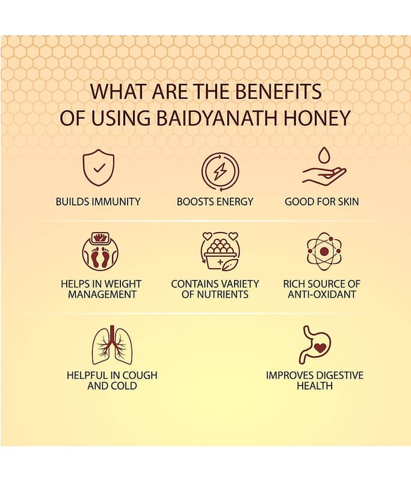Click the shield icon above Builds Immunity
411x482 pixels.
tap(98, 167)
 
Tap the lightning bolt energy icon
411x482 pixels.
tap(220, 172)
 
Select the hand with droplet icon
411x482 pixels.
tap(324, 167)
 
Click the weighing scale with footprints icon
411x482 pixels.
tap(100, 252)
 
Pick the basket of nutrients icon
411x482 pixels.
tap(220, 251)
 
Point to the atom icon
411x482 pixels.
tap(324, 251)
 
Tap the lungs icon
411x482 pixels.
tap(112, 345)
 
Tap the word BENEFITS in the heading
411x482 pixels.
tap(279, 92)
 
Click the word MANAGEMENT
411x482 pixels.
tap(102, 295)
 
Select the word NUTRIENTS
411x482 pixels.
tap(223, 295)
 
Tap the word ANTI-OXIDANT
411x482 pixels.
tap(322, 295)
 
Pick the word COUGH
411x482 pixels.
tap(139, 375)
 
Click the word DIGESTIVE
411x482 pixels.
tap(339, 375)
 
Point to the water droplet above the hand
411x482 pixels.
tap(324, 155)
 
